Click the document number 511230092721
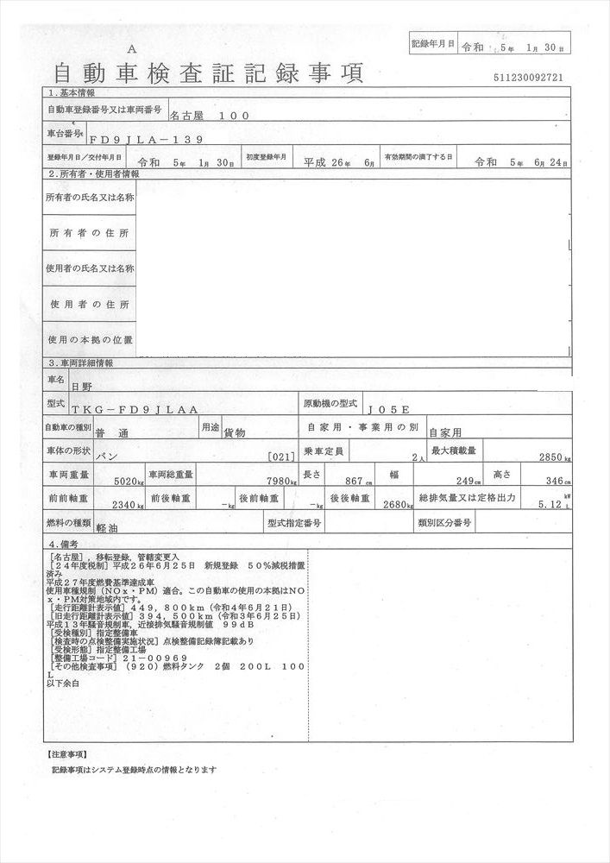pos(529,78)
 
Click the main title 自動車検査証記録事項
pos(208,72)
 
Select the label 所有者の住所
pos(89,234)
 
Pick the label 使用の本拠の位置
pos(90,340)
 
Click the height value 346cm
pos(553,481)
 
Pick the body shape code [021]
pos(282,457)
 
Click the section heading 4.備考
pos(65,545)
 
